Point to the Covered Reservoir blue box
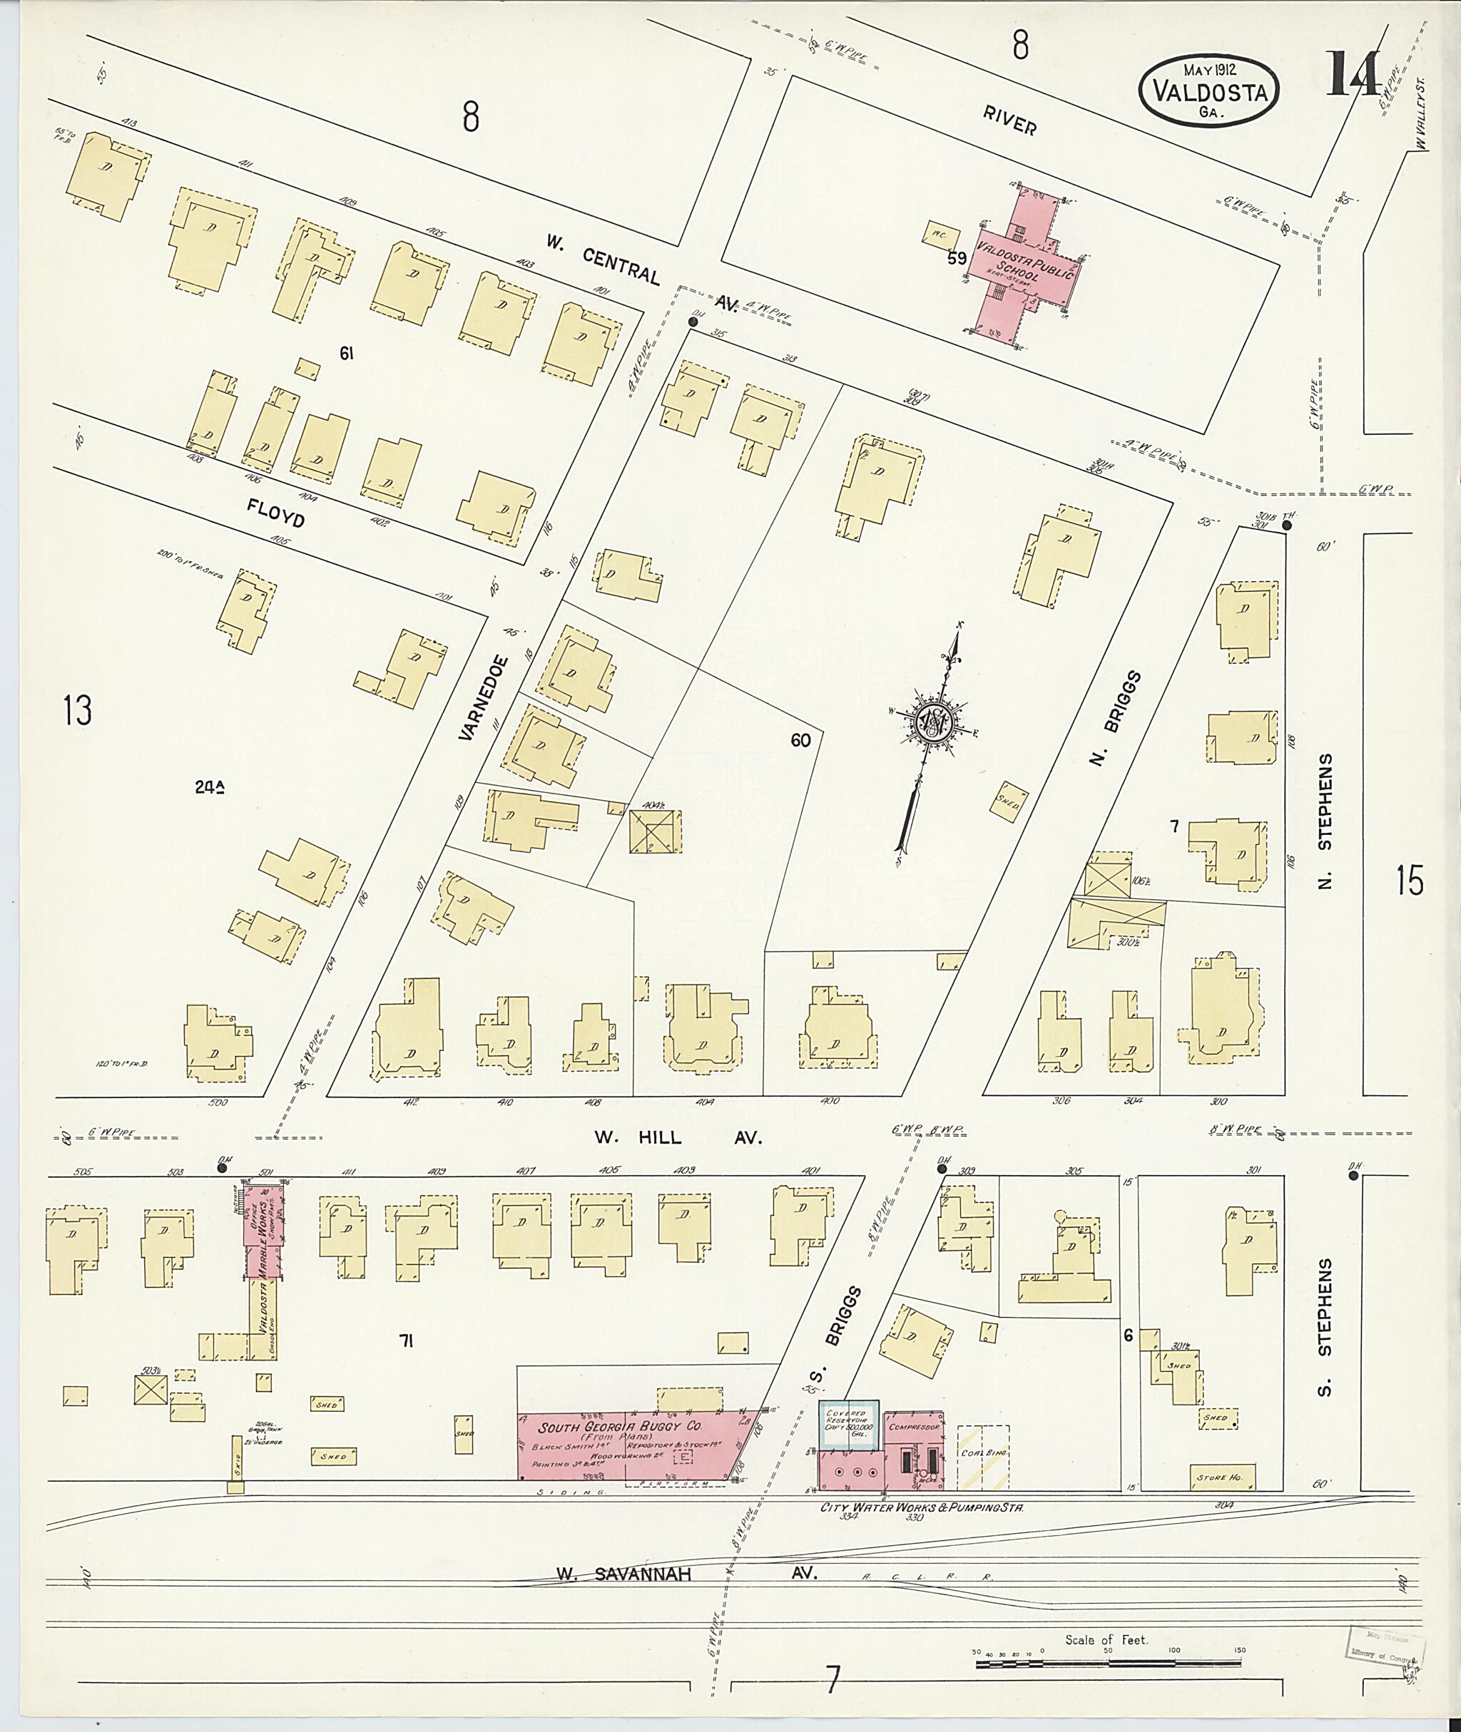848,1425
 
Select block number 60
800,740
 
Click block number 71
406,1341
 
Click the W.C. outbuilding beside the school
940,233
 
